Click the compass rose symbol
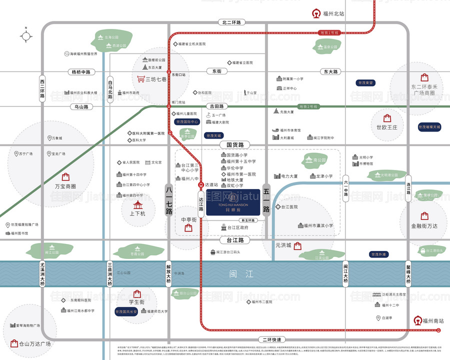click(x=25, y=36)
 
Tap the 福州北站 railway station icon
click(x=315, y=13)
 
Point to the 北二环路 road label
click(x=230, y=22)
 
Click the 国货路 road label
click(x=234, y=145)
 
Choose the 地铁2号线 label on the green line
click(x=308, y=106)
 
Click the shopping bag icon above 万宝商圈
click(x=65, y=176)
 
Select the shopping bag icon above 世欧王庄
click(x=387, y=118)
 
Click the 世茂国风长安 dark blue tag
click(x=127, y=311)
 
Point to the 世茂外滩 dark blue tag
click(x=378, y=254)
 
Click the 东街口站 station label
click(x=178, y=74)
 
